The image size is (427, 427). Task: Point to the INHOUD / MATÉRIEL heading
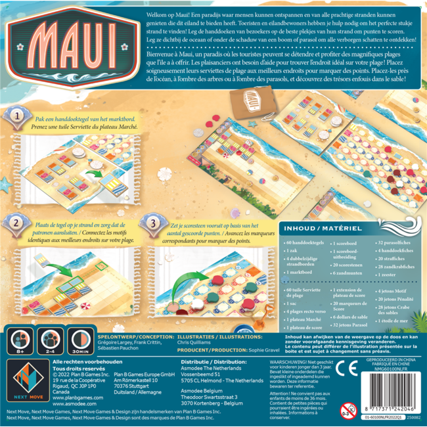[x=315, y=229]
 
